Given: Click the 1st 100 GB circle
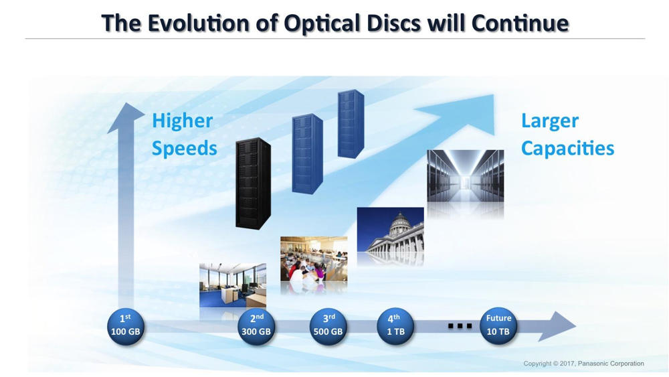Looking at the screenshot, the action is [126, 327].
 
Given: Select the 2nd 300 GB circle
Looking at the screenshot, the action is [256, 327].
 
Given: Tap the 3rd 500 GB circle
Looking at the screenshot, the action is [328, 327].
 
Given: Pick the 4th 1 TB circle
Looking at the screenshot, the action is [395, 327].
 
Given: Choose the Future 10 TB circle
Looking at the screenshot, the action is [498, 327].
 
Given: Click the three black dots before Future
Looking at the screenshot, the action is [460, 326].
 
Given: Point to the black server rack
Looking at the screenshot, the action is [253, 183].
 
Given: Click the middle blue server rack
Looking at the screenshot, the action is [307, 154].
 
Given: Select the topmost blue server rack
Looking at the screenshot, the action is [351, 124].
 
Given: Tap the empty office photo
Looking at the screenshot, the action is [233, 285].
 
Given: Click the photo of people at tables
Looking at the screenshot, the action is [314, 258].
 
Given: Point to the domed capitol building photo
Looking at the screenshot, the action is [391, 230].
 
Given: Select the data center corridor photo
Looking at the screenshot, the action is [466, 175].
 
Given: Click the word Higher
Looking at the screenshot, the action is [182, 121].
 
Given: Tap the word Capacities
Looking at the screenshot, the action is [567, 148].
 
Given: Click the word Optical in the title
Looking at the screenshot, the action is [322, 23].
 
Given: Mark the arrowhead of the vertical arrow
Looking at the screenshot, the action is [126, 117].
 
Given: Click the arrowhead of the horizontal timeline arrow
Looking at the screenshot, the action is [559, 326].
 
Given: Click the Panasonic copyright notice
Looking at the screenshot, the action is [583, 364].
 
